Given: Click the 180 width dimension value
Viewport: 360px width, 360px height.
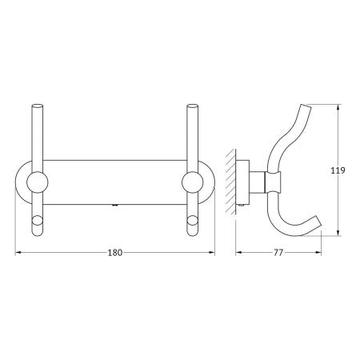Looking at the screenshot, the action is click(115, 252).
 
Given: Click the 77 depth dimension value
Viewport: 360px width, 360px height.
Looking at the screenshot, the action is click(278, 252).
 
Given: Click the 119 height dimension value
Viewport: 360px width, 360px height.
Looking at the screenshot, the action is click(338, 170).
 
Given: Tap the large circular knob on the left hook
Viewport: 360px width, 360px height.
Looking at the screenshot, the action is click(38, 182).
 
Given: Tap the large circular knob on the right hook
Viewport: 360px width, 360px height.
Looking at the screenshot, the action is click(193, 182).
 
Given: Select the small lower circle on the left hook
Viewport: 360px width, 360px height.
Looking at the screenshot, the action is click(37, 221).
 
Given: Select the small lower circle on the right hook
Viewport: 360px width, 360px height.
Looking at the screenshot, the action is click(192, 221).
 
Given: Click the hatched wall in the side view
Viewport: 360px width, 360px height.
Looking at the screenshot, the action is click(231, 182).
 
